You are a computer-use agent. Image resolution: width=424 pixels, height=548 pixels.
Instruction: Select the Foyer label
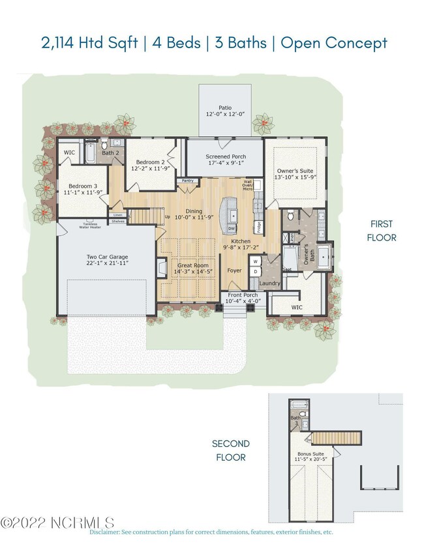(234, 269)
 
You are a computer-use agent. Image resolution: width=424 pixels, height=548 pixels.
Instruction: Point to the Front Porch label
(243, 298)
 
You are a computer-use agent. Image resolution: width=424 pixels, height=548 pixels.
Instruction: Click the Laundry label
(269, 283)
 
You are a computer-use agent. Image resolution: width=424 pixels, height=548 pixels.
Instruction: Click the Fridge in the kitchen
(258, 227)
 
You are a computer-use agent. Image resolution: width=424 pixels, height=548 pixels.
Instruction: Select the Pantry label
(188, 180)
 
